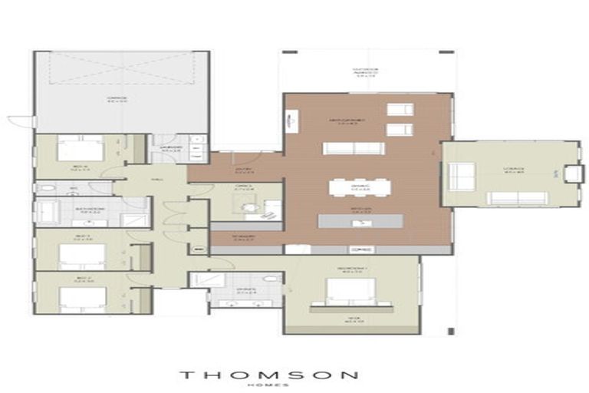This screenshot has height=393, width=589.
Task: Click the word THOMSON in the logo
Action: (x=268, y=375)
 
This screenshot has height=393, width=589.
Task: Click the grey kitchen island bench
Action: (x=360, y=221)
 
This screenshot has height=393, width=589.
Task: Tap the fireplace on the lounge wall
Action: (x=573, y=173)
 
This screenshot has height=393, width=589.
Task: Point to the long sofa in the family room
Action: (x=353, y=147)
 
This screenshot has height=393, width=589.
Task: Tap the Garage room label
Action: (x=116, y=98)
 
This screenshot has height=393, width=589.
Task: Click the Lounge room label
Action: (x=513, y=169)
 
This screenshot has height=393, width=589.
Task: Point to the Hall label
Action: (x=157, y=180)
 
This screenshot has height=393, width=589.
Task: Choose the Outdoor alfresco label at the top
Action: (x=365, y=73)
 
